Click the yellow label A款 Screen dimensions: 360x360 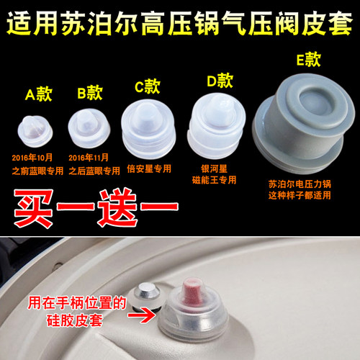click(x=38, y=94)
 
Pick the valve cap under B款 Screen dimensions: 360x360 click(x=87, y=126)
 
